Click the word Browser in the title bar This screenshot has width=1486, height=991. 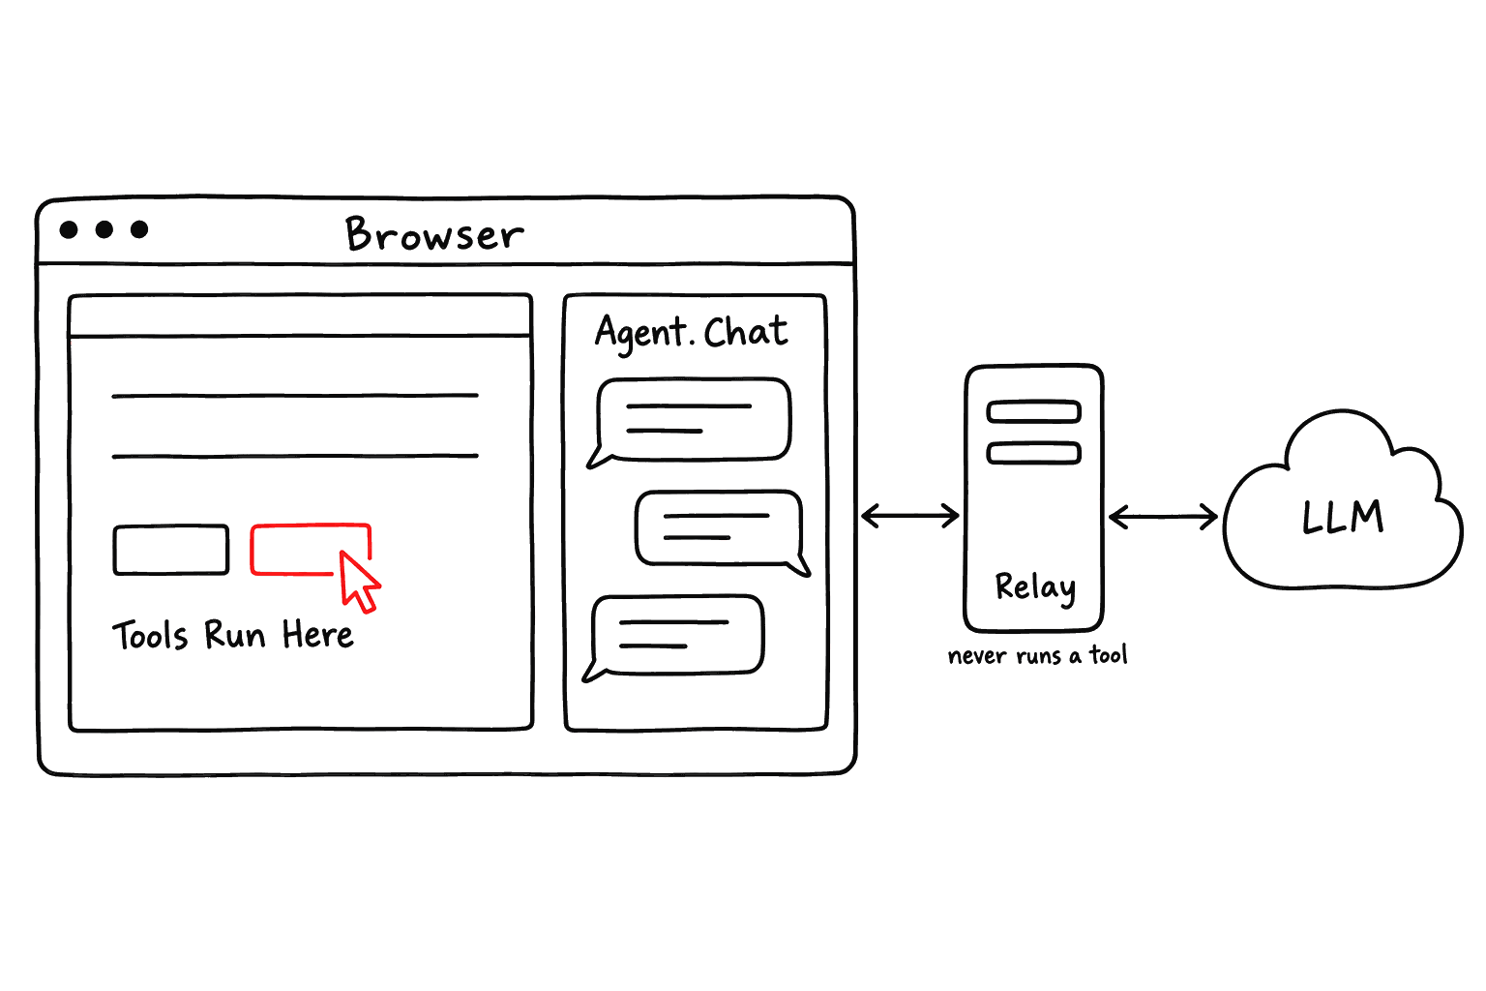[434, 233]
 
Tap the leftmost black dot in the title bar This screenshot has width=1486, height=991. [69, 229]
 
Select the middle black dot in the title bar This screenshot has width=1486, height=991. [104, 229]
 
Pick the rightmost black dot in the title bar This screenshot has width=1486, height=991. [139, 229]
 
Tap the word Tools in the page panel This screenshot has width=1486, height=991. [151, 635]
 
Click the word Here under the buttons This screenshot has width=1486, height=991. [317, 634]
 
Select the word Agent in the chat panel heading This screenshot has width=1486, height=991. [639, 333]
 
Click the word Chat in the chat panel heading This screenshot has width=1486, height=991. [746, 331]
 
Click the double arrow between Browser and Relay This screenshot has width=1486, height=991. [910, 515]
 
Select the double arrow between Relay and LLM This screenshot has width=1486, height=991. [1163, 517]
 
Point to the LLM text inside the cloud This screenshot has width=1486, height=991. [1344, 517]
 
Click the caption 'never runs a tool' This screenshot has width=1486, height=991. [1037, 655]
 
